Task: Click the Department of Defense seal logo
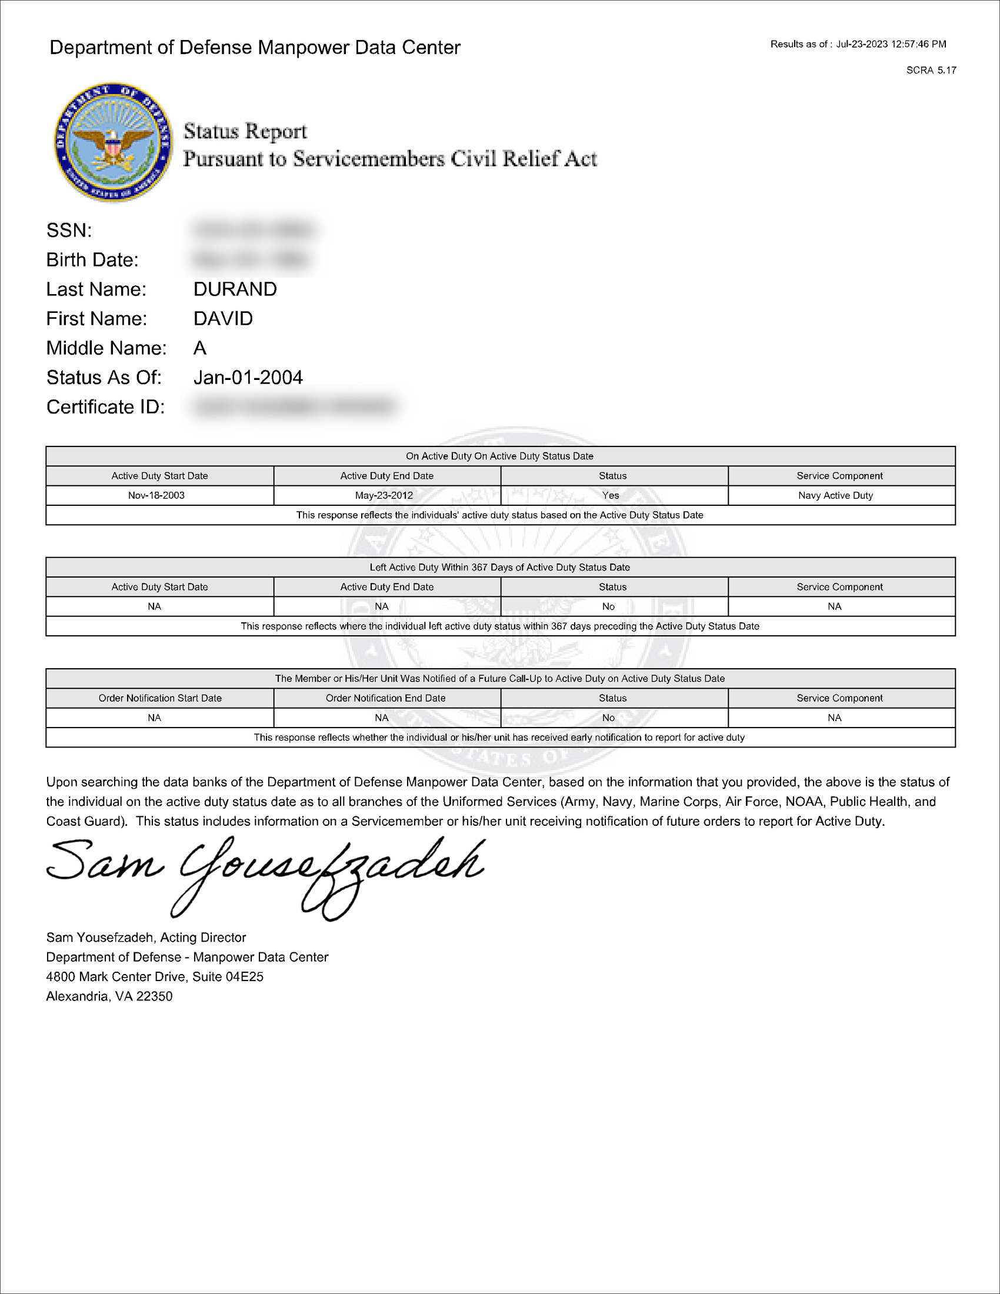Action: click(x=113, y=142)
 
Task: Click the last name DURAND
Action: click(x=235, y=289)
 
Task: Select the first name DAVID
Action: click(x=223, y=319)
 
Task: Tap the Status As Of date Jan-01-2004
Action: click(x=248, y=378)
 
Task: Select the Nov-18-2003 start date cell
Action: click(x=156, y=495)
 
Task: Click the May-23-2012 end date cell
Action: click(x=384, y=495)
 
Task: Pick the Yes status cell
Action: click(x=611, y=495)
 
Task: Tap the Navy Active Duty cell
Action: click(x=835, y=495)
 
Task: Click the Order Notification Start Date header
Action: click(x=160, y=698)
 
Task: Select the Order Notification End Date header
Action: click(x=386, y=698)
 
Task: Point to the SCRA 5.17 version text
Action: click(x=931, y=71)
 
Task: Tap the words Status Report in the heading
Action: click(x=245, y=131)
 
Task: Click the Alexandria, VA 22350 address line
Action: click(x=109, y=996)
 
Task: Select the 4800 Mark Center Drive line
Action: click(x=155, y=976)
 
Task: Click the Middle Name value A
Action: click(x=200, y=348)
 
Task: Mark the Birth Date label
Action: click(x=92, y=260)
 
